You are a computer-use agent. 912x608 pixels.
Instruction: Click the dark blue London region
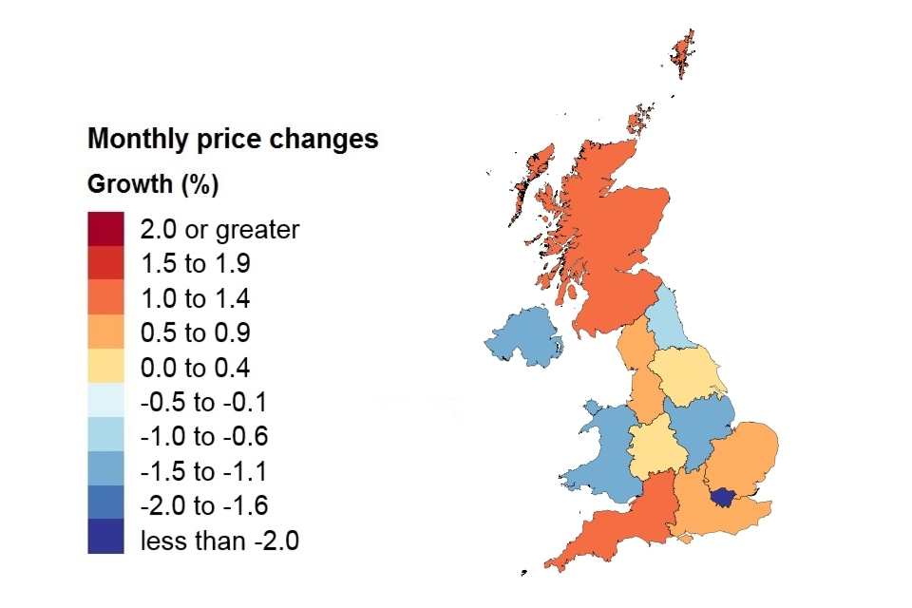(727, 496)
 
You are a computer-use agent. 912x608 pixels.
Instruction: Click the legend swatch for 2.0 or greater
(105, 229)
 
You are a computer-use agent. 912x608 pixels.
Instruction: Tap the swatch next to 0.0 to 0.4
(105, 368)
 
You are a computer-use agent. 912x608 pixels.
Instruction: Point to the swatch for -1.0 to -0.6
(105, 436)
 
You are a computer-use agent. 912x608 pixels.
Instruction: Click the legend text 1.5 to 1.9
(195, 263)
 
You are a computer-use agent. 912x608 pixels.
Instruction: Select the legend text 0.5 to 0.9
(195, 332)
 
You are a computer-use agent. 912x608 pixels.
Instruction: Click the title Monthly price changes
(233, 139)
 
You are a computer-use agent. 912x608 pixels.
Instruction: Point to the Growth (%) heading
(153, 183)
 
